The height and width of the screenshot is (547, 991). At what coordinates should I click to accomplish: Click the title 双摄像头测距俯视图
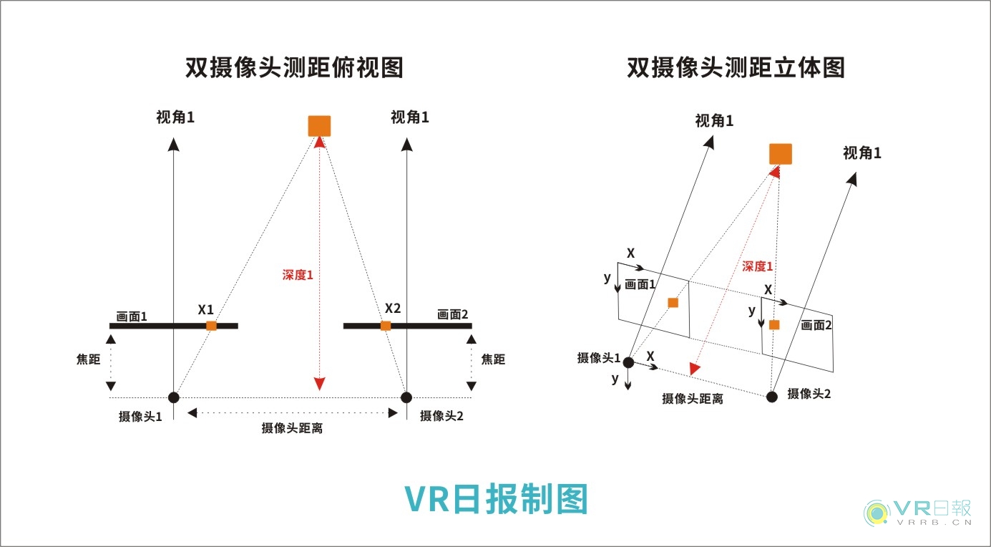click(x=294, y=67)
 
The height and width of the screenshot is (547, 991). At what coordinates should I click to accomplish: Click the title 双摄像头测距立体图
click(x=736, y=67)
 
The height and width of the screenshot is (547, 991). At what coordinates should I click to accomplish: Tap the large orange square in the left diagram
click(x=319, y=125)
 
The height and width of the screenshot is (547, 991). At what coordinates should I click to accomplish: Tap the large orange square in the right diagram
click(x=780, y=154)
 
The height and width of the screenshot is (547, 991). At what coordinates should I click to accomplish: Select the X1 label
click(x=206, y=310)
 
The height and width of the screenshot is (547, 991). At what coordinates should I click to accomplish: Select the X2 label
click(x=393, y=309)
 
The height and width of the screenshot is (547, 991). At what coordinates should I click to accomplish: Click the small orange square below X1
click(x=211, y=326)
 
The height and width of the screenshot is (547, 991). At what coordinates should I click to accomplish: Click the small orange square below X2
click(x=386, y=326)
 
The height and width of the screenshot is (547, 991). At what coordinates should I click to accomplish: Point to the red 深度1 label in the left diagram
click(x=298, y=273)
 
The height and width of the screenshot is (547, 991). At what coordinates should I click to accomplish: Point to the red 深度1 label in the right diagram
click(x=758, y=266)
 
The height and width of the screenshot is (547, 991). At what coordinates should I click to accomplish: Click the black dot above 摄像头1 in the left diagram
click(x=173, y=397)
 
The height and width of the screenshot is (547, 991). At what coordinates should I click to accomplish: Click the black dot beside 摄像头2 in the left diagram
click(x=406, y=397)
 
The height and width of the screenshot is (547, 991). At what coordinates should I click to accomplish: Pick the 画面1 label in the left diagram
click(x=132, y=316)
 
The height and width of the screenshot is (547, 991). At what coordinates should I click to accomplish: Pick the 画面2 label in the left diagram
click(x=452, y=314)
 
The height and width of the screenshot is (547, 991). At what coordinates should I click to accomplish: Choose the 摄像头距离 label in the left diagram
click(x=292, y=429)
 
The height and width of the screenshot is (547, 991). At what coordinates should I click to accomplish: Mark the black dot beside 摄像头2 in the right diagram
click(x=771, y=397)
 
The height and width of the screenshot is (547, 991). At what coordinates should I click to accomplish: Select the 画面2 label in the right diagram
click(x=816, y=325)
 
